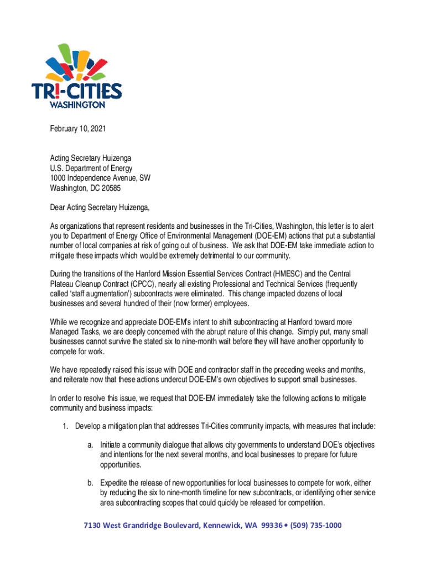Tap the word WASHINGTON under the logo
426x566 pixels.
click(77, 104)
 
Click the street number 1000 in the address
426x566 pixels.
click(58, 178)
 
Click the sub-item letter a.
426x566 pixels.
click(90, 445)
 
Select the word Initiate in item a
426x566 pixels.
click(112, 445)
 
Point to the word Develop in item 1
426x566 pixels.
click(89, 426)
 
